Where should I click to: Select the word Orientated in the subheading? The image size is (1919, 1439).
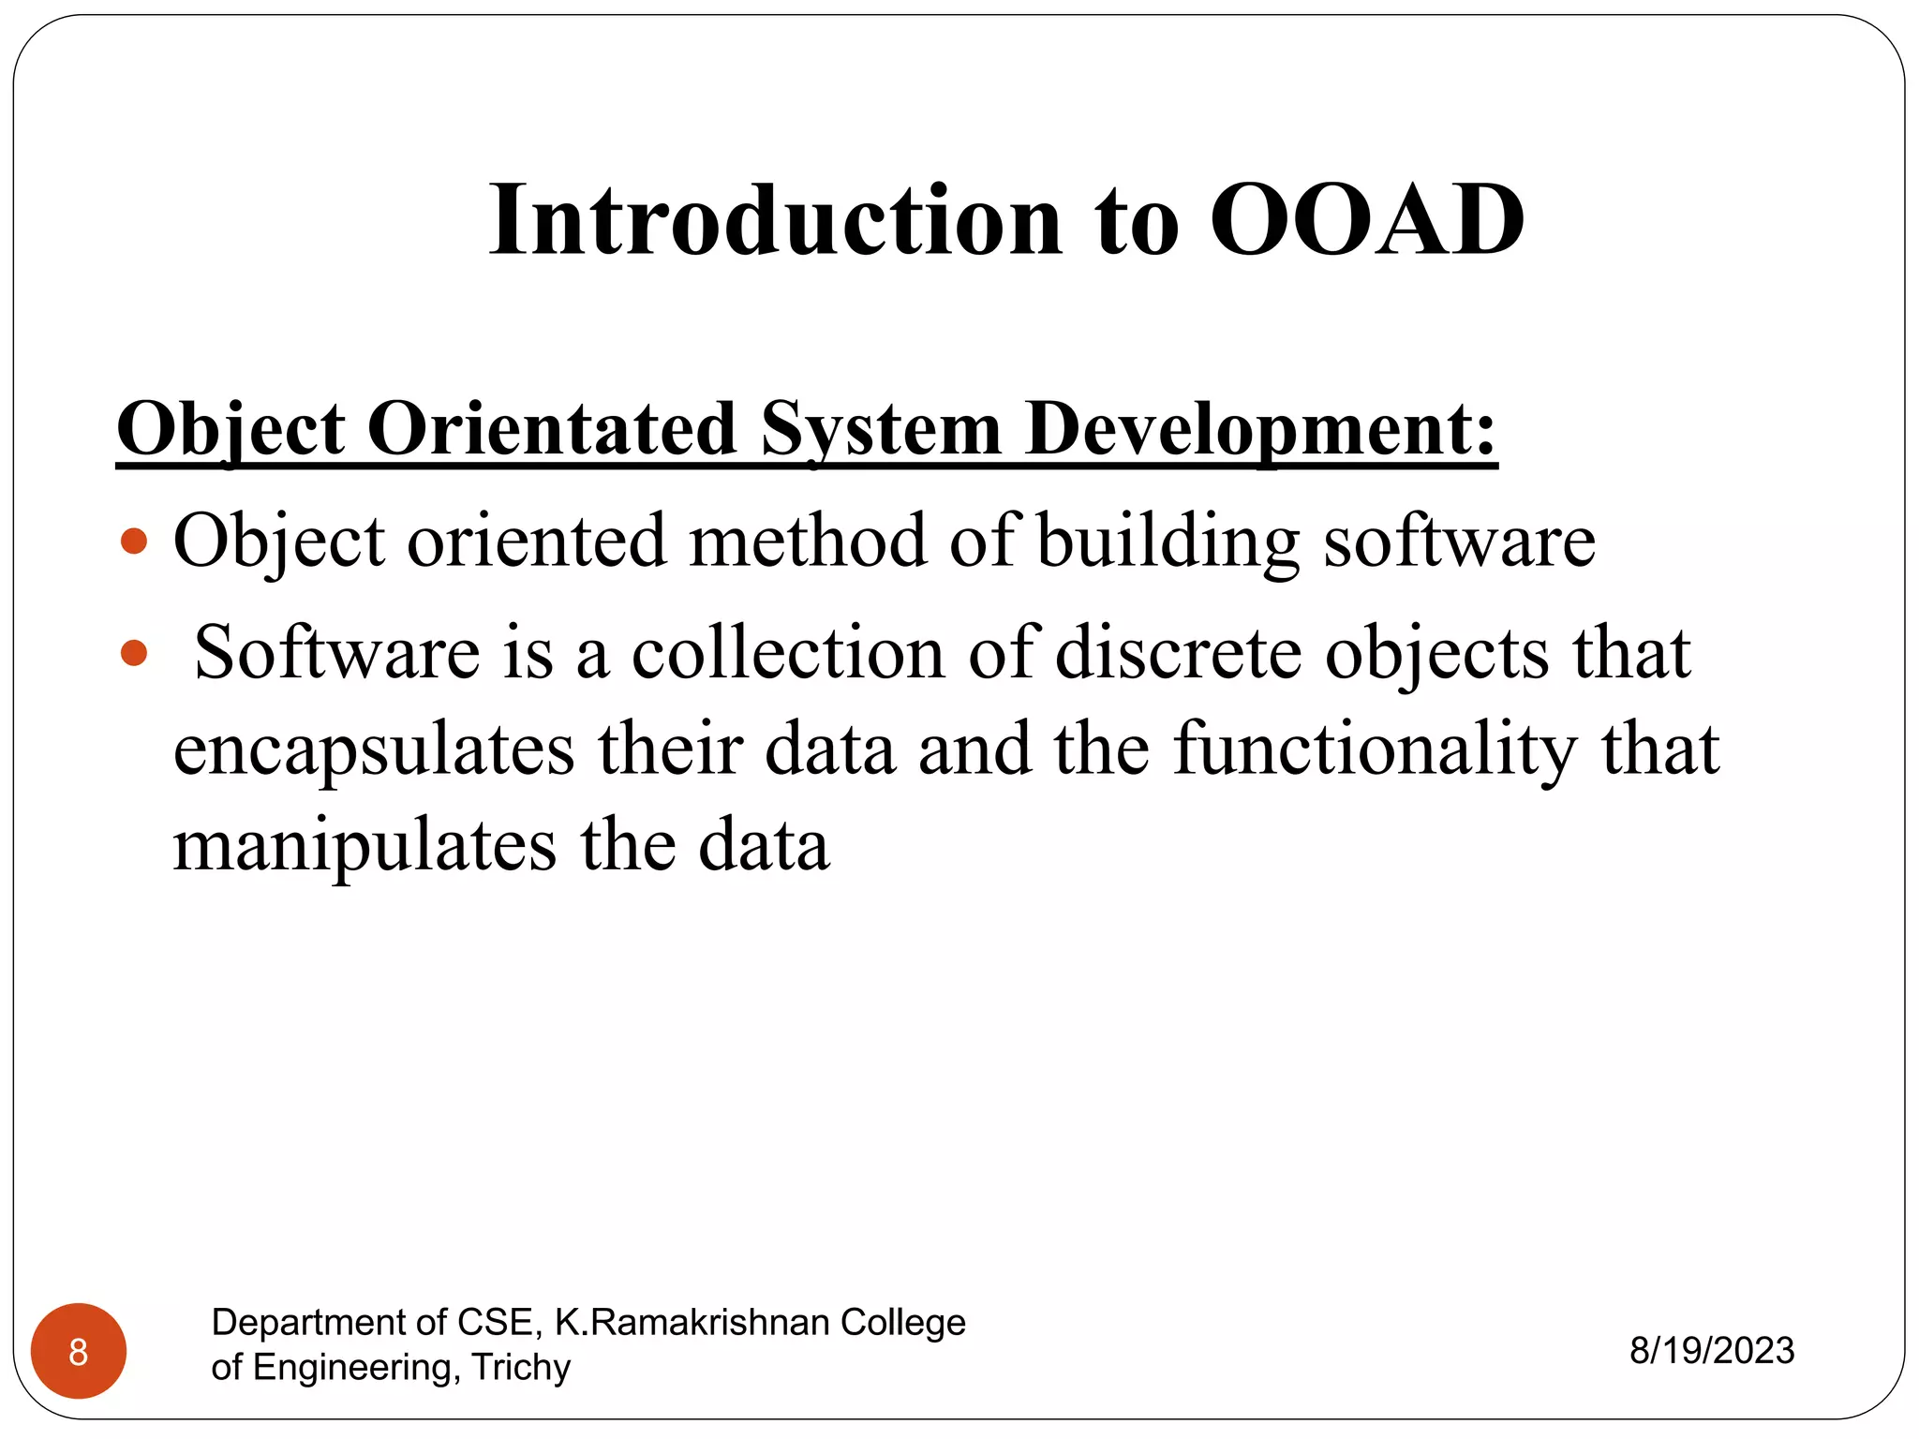[552, 428]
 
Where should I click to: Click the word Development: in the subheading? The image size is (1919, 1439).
[1261, 428]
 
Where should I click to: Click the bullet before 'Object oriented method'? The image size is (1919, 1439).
[135, 541]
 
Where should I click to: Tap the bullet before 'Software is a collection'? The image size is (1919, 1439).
[135, 652]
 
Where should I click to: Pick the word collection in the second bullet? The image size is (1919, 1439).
[788, 652]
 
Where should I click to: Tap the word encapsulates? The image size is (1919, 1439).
[374, 749]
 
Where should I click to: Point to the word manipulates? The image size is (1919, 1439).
[365, 846]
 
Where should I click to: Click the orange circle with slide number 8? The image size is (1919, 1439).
[79, 1351]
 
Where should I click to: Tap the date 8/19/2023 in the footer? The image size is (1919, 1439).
[1712, 1351]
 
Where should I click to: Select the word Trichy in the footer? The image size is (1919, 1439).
[521, 1367]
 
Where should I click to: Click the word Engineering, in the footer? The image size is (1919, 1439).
[357, 1368]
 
